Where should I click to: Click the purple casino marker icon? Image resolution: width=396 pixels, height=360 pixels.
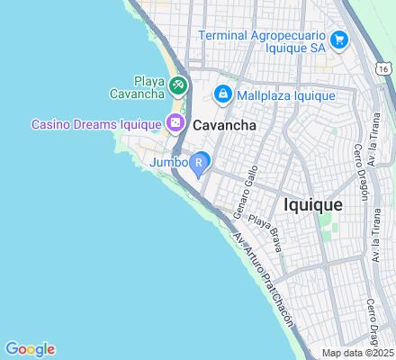tap(176, 124)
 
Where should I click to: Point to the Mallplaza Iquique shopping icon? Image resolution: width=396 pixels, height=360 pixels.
tap(221, 94)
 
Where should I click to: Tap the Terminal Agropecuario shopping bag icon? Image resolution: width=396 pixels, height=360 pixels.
tap(339, 40)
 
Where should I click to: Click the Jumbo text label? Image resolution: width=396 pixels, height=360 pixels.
tap(168, 163)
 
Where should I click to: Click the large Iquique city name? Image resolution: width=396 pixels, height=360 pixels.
tap(312, 205)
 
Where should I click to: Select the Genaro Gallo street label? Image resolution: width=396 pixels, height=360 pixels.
tap(246, 191)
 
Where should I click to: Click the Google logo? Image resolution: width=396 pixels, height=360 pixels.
tap(30, 349)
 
